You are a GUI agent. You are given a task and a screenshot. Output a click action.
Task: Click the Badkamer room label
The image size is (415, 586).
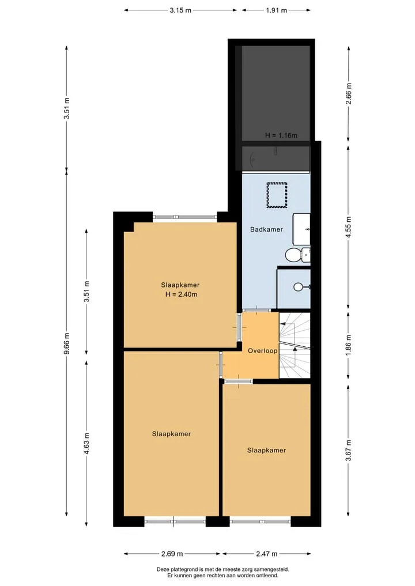[266, 229]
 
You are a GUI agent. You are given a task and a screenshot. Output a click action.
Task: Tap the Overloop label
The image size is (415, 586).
[263, 350]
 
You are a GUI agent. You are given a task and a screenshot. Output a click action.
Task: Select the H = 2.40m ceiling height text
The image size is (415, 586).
[182, 294]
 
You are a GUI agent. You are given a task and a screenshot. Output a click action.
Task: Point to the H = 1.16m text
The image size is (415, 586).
[281, 135]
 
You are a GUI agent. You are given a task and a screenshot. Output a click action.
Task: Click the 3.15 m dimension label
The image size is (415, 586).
[180, 10]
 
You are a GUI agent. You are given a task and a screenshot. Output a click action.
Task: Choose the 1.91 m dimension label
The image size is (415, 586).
[276, 10]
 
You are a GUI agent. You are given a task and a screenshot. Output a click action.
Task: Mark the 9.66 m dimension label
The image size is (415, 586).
[66, 343]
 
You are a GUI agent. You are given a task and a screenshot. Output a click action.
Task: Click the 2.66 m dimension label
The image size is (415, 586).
[349, 93]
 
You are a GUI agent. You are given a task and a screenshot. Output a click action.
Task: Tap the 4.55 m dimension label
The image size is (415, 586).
[349, 227]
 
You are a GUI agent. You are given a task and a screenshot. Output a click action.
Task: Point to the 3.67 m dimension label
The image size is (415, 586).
[349, 450]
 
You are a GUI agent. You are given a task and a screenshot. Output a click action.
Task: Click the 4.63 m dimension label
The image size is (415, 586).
[86, 444]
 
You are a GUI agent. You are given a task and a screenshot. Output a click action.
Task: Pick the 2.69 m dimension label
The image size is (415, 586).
[172, 554]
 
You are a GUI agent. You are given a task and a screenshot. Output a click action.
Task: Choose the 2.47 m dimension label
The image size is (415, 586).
[266, 554]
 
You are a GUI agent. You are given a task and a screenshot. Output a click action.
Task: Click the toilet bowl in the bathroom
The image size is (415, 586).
[293, 255]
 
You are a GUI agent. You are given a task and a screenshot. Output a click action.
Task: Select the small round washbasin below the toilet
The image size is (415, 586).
[299, 287]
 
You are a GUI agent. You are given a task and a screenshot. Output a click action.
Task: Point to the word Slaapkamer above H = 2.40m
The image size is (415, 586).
[180, 285]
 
